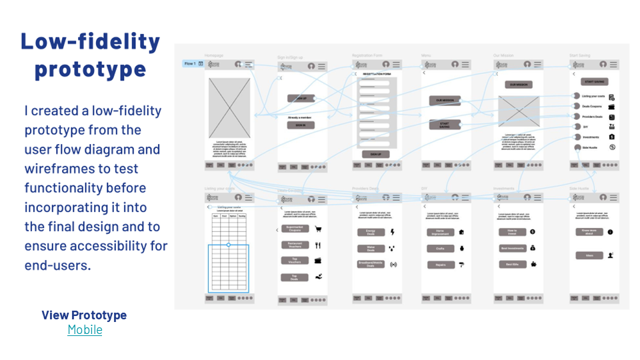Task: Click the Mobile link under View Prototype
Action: (x=85, y=329)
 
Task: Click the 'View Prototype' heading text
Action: (x=84, y=315)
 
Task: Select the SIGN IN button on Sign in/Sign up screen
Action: (x=301, y=125)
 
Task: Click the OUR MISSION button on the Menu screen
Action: (x=445, y=101)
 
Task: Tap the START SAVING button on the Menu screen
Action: (x=445, y=125)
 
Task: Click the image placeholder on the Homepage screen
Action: (x=229, y=109)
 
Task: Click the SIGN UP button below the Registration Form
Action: (x=376, y=154)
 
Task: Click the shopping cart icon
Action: (x=318, y=229)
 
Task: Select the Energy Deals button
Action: (x=371, y=232)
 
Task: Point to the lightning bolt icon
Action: (x=392, y=232)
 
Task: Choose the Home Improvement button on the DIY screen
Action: (x=441, y=232)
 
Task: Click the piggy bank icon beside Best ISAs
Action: (x=534, y=264)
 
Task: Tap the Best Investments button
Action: (x=512, y=248)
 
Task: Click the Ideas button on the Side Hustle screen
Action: (x=589, y=255)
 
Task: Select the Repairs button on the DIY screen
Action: (x=441, y=265)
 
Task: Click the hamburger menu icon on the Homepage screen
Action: (x=249, y=65)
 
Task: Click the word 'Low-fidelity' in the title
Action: (x=91, y=41)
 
